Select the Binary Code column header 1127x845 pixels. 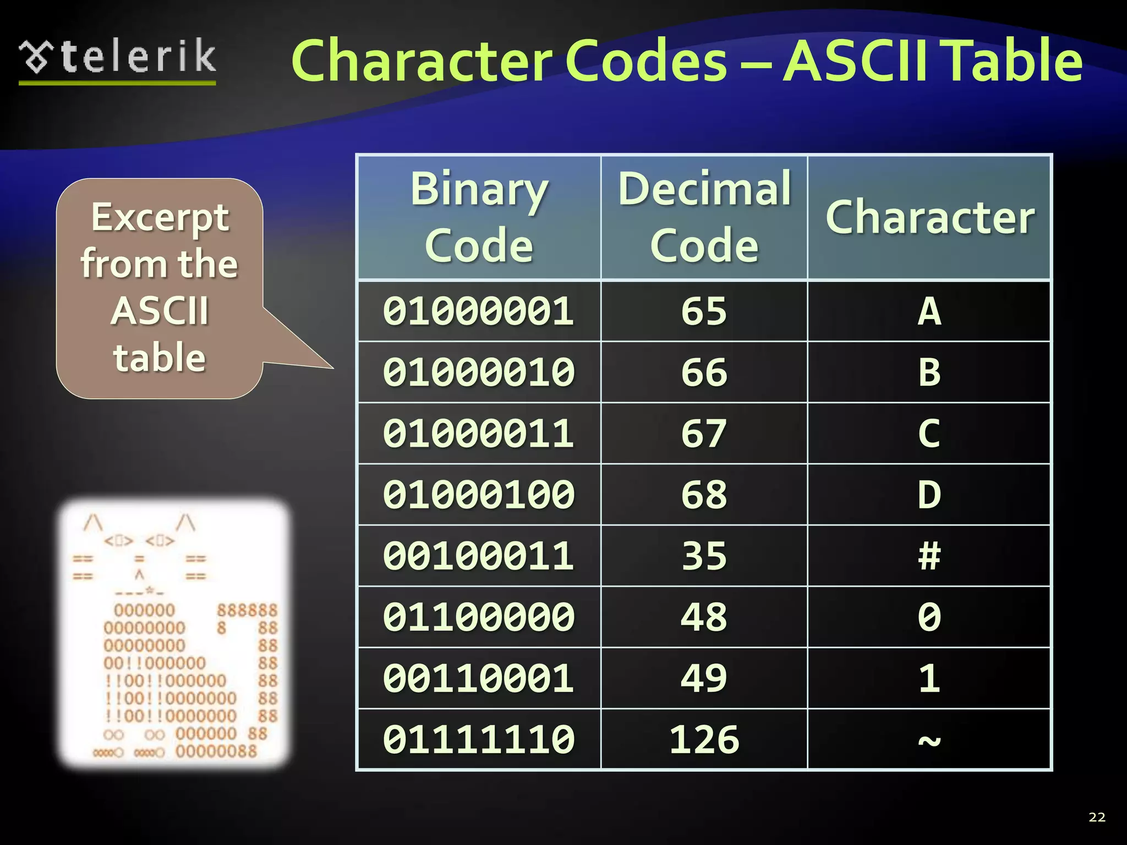click(x=479, y=217)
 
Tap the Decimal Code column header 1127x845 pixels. click(x=704, y=217)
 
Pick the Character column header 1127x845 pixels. click(x=929, y=217)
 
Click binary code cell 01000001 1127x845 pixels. click(x=479, y=311)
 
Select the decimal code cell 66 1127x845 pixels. click(x=704, y=372)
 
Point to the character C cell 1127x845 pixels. click(x=929, y=434)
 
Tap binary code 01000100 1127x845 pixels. click(x=479, y=495)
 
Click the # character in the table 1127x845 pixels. click(x=929, y=556)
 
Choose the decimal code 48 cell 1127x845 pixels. click(x=704, y=617)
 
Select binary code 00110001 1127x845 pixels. click(x=479, y=678)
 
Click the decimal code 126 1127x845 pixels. click(x=704, y=739)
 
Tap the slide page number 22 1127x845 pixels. click(x=1097, y=817)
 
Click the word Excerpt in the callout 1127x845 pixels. click(x=160, y=218)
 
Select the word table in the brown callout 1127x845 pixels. click(x=160, y=358)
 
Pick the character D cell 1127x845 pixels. click(x=929, y=495)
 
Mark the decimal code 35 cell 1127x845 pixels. click(x=704, y=556)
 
